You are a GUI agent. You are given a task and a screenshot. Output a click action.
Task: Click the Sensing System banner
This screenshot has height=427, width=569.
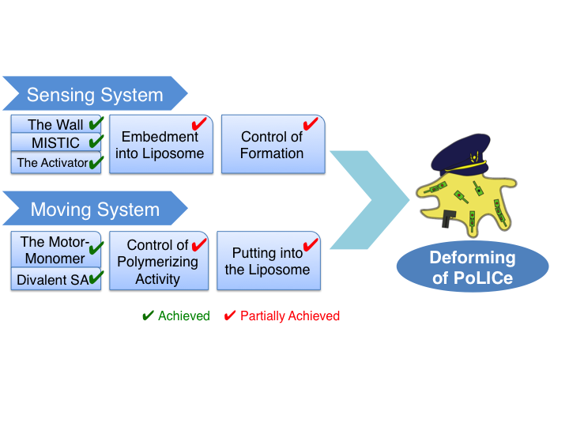click(x=95, y=95)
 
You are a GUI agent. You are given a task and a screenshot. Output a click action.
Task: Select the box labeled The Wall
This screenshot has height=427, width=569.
click(x=55, y=125)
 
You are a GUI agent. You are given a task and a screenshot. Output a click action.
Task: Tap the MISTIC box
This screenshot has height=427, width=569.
click(x=55, y=143)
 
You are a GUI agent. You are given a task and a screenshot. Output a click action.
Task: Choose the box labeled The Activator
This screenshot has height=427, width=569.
click(x=55, y=163)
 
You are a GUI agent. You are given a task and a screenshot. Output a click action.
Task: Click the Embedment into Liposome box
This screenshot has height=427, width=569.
click(x=159, y=145)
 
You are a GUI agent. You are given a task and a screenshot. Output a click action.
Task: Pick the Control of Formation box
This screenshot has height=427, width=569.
click(x=272, y=145)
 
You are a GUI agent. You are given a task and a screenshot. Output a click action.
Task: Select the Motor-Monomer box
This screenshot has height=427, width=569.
click(x=55, y=250)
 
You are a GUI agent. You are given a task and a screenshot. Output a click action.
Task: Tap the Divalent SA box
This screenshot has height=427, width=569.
click(x=55, y=279)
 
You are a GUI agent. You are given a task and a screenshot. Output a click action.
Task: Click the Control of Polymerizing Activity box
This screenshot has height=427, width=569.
click(x=158, y=261)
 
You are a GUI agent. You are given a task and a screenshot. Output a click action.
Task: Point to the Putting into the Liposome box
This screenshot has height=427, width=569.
click(x=268, y=261)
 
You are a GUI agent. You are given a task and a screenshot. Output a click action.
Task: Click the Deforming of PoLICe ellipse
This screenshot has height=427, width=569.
click(x=472, y=266)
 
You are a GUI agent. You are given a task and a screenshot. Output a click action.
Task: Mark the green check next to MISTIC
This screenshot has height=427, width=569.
click(x=96, y=142)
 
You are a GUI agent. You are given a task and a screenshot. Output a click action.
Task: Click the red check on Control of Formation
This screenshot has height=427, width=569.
click(x=311, y=123)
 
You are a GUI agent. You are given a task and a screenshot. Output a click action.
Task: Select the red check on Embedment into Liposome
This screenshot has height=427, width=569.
click(x=199, y=123)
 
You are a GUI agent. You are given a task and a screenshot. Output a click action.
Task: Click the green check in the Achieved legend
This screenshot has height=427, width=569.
click(x=147, y=316)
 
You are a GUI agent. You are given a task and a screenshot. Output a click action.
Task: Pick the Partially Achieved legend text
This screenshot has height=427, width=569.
click(x=289, y=316)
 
